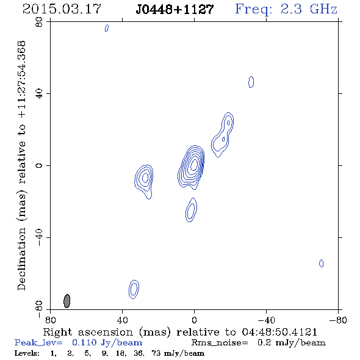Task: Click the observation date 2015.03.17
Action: point(62,9)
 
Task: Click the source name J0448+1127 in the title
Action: point(175,9)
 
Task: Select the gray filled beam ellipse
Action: point(67,301)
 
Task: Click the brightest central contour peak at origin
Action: point(194,164)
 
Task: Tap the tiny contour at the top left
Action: point(107,28)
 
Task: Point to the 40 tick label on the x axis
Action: point(122,320)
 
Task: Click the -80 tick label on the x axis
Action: point(338,320)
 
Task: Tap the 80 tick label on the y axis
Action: point(39,22)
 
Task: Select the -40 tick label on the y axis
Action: point(39,237)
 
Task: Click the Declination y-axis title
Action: point(21,165)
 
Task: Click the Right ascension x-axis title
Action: point(180,332)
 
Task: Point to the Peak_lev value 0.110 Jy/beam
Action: point(107,342)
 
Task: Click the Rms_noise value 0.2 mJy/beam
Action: point(291,342)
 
